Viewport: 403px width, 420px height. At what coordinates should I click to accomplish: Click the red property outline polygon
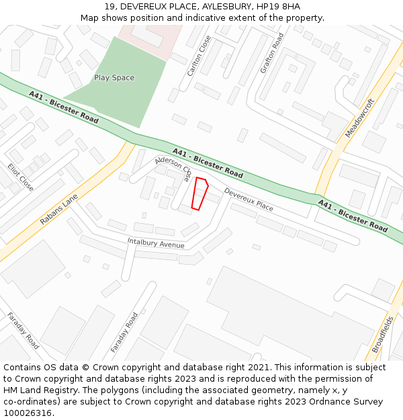point(199,194)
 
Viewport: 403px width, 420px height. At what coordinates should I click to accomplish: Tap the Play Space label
point(114,78)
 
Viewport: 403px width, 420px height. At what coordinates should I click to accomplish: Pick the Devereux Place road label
point(249,200)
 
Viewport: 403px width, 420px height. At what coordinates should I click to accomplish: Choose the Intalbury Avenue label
point(156,243)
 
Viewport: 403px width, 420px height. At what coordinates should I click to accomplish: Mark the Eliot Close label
point(20,177)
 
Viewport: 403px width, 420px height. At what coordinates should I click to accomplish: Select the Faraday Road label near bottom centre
point(124,333)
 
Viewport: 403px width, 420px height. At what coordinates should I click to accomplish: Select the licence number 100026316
point(28,413)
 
